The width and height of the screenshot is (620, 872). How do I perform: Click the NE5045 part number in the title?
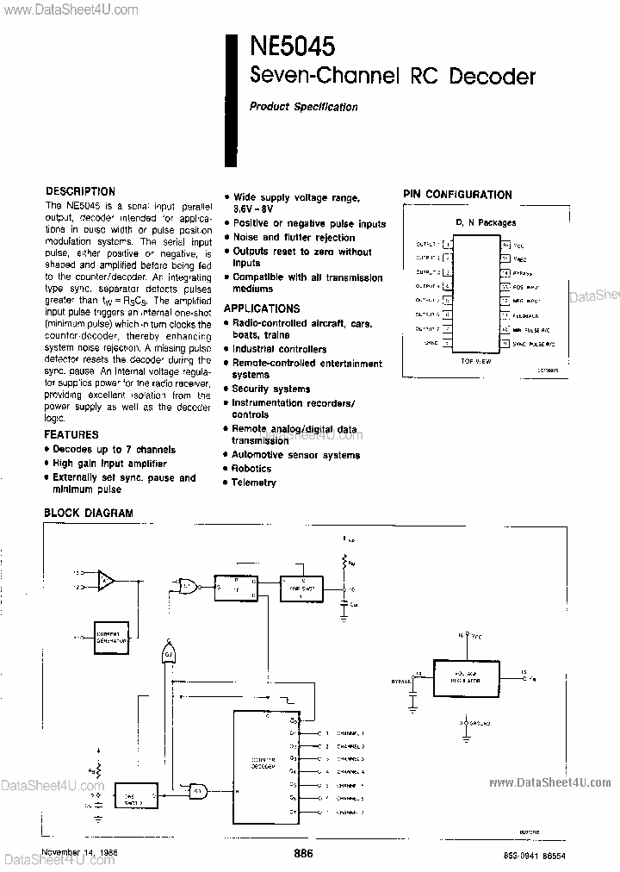coord(293,45)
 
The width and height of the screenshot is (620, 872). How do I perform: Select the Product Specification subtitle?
coord(303,107)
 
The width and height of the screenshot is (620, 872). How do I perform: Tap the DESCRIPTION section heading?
coord(80,191)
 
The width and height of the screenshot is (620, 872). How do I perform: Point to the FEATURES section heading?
coord(71,435)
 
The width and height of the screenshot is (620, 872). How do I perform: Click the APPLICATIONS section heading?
coord(262,308)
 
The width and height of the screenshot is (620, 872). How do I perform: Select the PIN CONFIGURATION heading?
coord(457,195)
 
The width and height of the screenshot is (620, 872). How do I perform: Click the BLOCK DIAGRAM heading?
coord(89,514)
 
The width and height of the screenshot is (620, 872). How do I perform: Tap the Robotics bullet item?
coord(251,469)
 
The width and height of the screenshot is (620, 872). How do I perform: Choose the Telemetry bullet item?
coord(254,483)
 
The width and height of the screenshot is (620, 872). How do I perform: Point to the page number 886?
coord(303,853)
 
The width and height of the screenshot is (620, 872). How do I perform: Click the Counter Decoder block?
coord(263,763)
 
